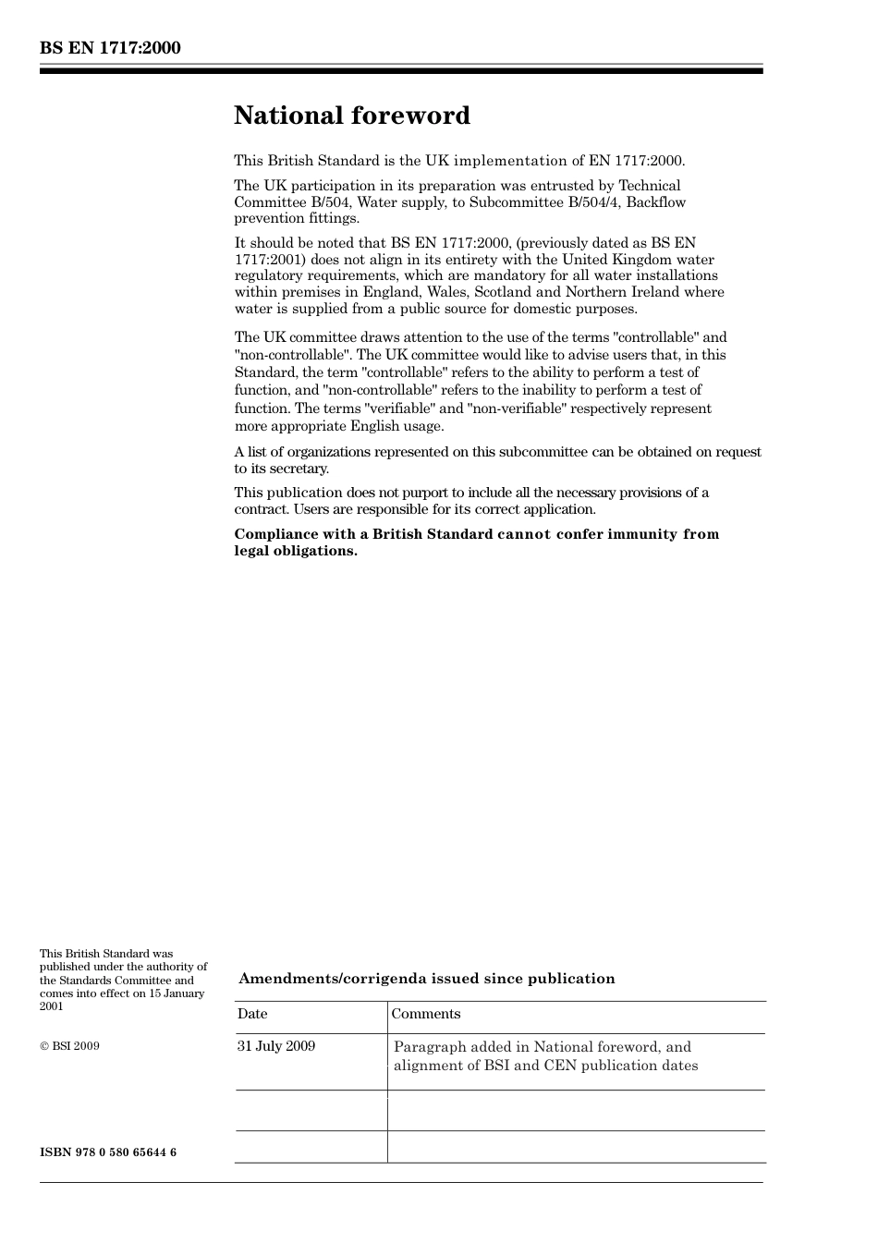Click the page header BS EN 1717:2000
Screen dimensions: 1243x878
coord(110,48)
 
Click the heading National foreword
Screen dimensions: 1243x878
coord(352,116)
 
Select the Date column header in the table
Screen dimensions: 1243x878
coord(252,1014)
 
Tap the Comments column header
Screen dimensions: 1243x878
coord(425,1014)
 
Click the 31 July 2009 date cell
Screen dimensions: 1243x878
coord(276,1046)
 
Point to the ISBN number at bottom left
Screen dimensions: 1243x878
coord(108,1152)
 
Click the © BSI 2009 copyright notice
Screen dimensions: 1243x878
coord(69,1046)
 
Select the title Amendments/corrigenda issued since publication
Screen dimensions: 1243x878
coord(426,979)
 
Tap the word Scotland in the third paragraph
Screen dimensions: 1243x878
coord(503,292)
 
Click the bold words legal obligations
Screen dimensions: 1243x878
coord(295,551)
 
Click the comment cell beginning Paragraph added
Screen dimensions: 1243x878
coord(545,1056)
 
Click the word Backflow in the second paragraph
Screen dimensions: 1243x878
coord(655,202)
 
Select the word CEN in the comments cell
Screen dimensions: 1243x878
coord(561,1066)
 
